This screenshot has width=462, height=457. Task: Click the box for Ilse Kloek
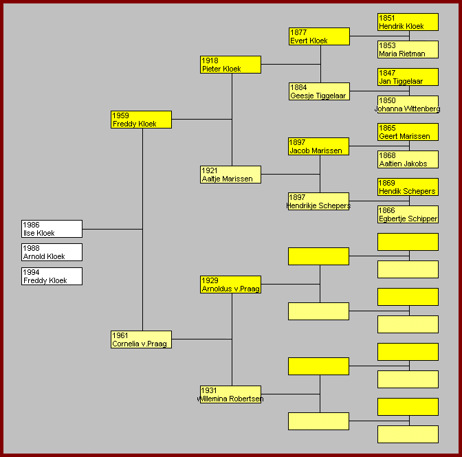pyautogui.click(x=52, y=229)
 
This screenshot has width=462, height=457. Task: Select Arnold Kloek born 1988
pyautogui.click(x=52, y=252)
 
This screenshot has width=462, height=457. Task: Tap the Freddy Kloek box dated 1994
pyautogui.click(x=52, y=276)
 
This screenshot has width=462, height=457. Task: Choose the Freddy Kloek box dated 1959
pyautogui.click(x=141, y=120)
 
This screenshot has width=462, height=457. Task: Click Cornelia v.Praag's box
pyautogui.click(x=141, y=339)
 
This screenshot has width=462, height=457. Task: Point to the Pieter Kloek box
pyautogui.click(x=230, y=65)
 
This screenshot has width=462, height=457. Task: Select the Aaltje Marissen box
pyautogui.click(x=230, y=175)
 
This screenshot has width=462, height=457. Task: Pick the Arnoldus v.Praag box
pyautogui.click(x=230, y=285)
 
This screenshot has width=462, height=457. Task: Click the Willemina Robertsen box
pyautogui.click(x=230, y=394)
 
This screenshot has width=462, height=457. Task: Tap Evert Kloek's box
pyautogui.click(x=320, y=36)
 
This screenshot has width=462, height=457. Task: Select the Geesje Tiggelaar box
pyautogui.click(x=320, y=91)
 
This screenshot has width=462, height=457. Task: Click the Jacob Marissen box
pyautogui.click(x=319, y=146)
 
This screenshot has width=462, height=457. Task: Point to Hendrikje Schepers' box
pyautogui.click(x=319, y=201)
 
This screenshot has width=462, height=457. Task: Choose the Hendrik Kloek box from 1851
pyautogui.click(x=408, y=22)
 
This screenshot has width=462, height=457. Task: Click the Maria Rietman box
pyautogui.click(x=408, y=49)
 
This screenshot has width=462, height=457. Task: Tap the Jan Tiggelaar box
pyautogui.click(x=408, y=77)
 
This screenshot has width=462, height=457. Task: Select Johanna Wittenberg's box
pyautogui.click(x=408, y=104)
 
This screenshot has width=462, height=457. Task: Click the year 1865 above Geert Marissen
pyautogui.click(x=387, y=128)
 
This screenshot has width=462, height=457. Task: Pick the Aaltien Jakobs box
pyautogui.click(x=408, y=159)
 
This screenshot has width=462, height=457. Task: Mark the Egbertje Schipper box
pyautogui.click(x=408, y=214)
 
